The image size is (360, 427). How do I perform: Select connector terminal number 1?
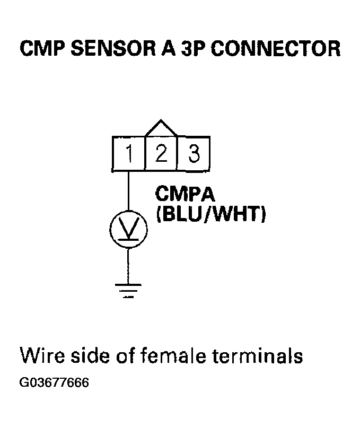click(x=128, y=155)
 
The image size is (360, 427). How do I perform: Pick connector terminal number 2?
click(x=161, y=155)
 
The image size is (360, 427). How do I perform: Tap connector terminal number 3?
click(x=194, y=155)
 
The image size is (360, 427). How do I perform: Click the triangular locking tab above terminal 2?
click(x=161, y=128)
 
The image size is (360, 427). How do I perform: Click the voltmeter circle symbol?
click(x=128, y=229)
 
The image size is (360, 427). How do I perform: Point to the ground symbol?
click(x=128, y=291)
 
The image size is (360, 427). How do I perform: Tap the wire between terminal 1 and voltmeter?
click(x=128, y=191)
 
